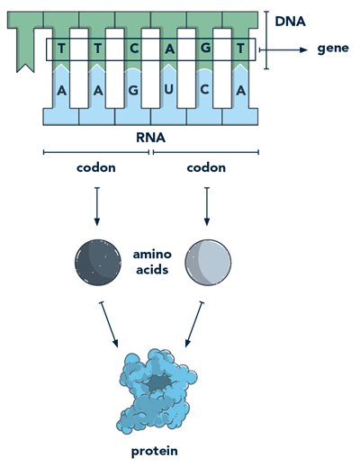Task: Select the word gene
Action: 332,49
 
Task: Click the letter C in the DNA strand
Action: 133,50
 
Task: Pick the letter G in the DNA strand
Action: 204,50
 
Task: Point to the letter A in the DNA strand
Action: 169,50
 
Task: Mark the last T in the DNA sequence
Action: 239,50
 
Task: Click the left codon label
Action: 96,167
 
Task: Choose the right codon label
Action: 208,167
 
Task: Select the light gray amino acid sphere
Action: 208,262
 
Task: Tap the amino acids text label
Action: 152,262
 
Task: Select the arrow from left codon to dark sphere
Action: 96,208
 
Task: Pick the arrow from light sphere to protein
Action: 193,325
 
